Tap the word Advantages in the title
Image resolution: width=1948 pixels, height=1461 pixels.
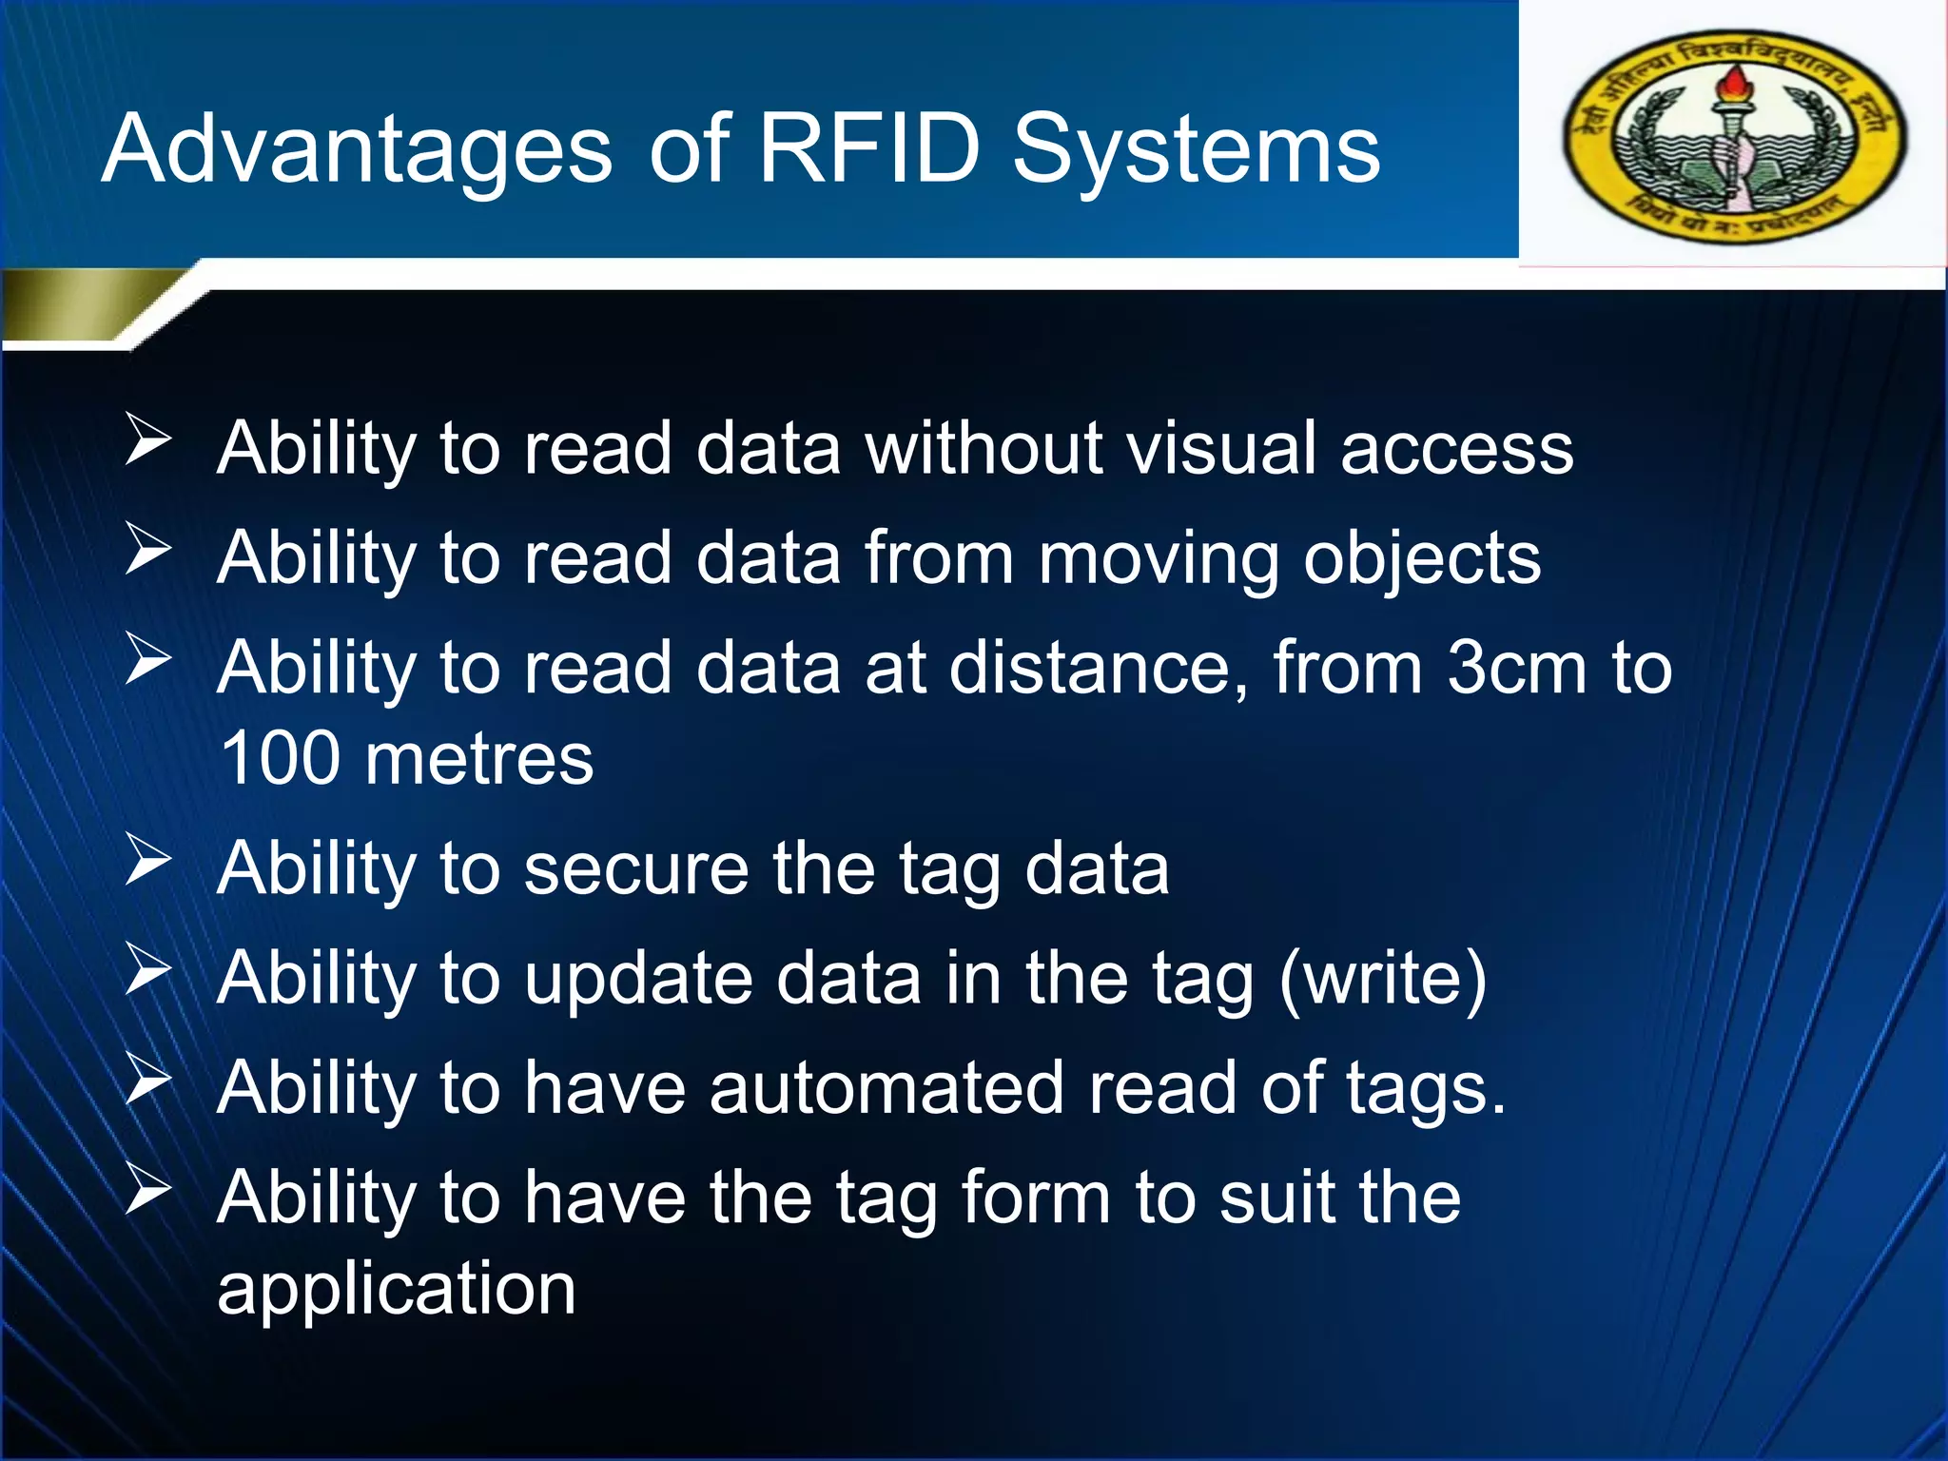[x=357, y=150]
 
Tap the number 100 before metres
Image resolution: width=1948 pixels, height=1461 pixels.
[x=280, y=758]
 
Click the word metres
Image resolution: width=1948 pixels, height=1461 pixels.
[x=479, y=760]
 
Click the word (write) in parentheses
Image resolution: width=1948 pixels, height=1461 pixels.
[x=1383, y=978]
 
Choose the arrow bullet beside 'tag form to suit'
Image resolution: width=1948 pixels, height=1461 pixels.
[x=148, y=1189]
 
